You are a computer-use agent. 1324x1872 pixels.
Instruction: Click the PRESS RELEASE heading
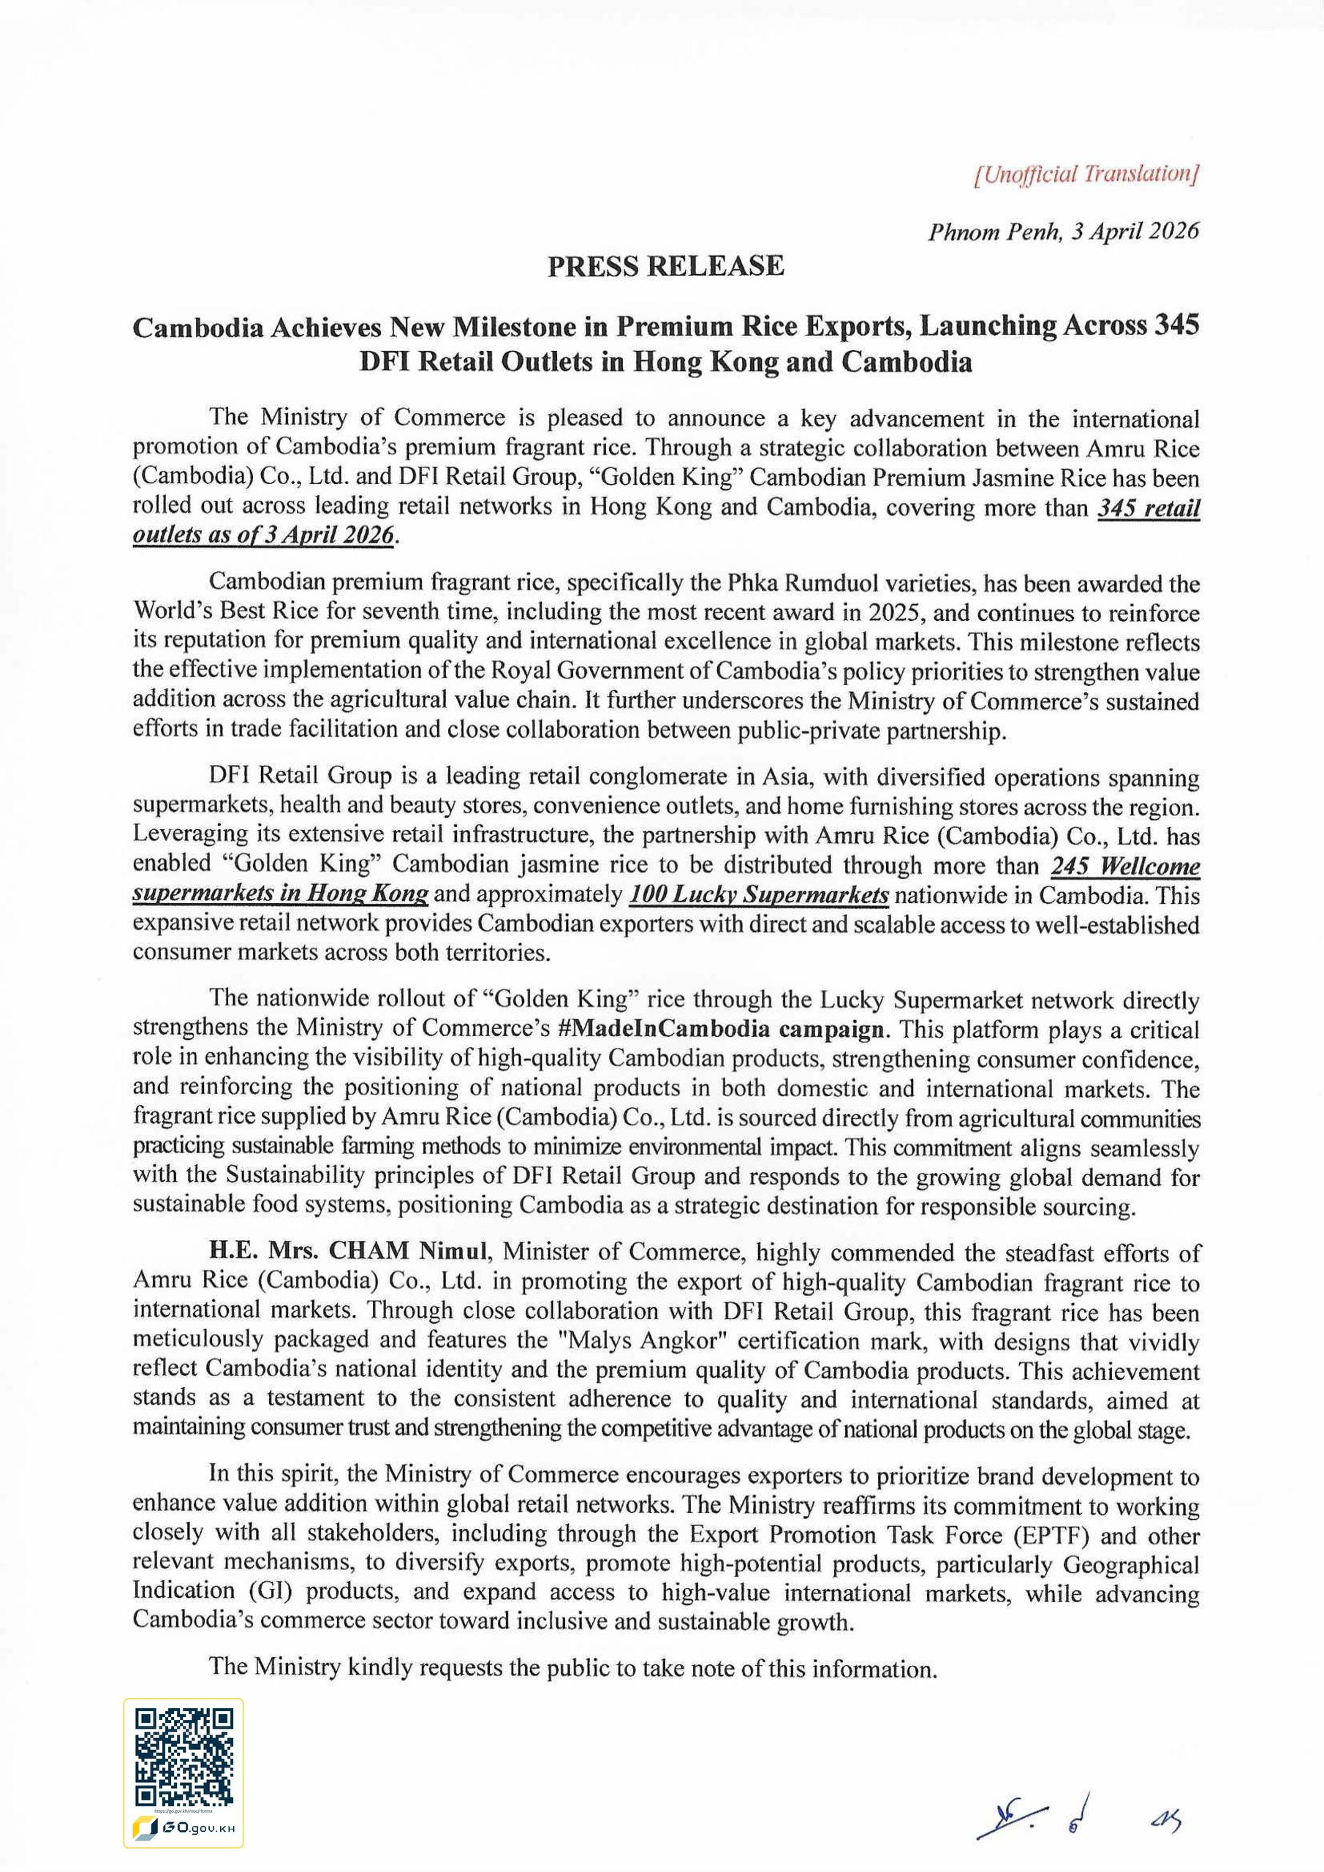665,265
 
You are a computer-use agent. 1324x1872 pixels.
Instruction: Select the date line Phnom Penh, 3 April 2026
1063,232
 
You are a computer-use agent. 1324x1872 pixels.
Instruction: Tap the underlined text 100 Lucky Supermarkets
758,895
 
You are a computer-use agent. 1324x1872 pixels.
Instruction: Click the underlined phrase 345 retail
1148,508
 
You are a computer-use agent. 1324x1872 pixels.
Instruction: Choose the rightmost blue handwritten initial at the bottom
1168,1822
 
